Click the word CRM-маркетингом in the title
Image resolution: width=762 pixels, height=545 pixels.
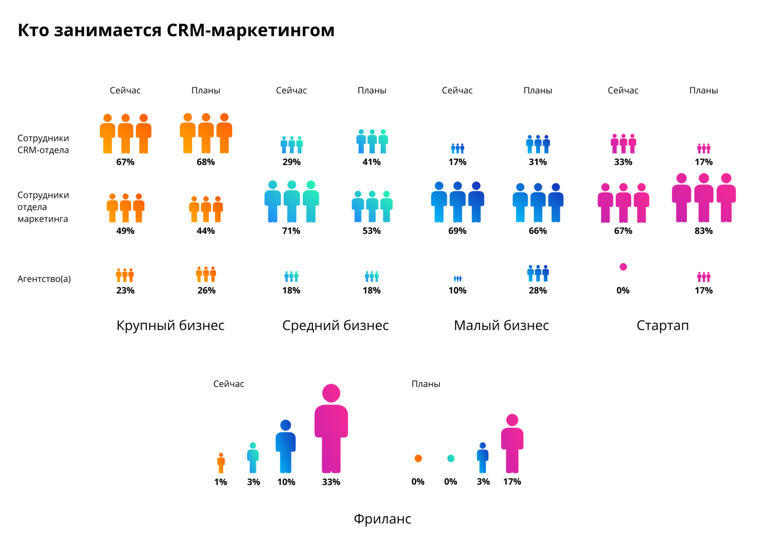[250, 30]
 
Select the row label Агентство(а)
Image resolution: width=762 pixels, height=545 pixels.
[44, 279]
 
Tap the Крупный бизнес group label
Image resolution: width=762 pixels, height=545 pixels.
[170, 326]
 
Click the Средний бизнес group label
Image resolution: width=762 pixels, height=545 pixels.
[335, 326]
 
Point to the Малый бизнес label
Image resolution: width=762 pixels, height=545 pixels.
[501, 326]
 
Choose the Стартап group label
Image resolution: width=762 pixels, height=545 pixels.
[663, 326]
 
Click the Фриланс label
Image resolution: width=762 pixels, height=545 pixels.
[382, 519]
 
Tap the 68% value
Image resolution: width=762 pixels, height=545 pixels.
[206, 162]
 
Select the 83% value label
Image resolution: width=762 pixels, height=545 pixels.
[704, 231]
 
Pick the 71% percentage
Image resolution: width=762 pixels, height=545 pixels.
[291, 231]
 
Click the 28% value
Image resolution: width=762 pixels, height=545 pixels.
[538, 290]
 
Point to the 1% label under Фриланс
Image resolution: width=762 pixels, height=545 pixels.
[221, 482]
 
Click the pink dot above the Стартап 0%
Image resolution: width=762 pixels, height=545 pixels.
[623, 267]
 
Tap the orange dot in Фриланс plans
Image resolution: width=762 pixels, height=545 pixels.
[418, 458]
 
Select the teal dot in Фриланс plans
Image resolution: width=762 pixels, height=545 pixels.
[451, 458]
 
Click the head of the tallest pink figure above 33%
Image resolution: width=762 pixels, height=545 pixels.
[331, 393]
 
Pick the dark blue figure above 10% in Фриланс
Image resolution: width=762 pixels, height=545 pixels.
[285, 449]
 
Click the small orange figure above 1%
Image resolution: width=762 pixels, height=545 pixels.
[221, 463]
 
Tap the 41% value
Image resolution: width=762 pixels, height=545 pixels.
[372, 162]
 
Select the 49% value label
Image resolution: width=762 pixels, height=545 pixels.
[125, 231]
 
